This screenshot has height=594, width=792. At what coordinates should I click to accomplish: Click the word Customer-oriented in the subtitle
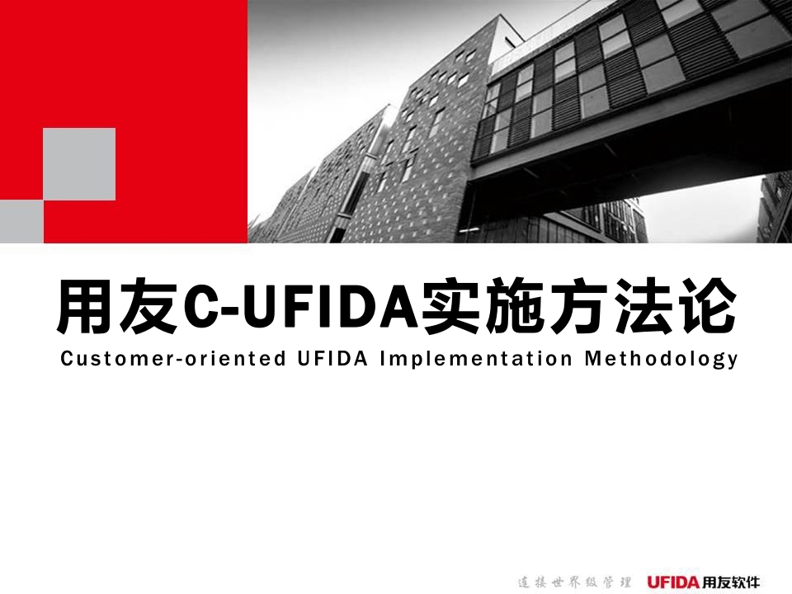point(173,359)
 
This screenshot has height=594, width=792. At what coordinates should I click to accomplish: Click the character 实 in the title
point(451,307)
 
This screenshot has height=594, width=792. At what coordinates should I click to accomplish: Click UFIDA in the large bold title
point(328,308)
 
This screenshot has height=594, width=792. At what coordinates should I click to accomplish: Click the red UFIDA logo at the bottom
point(673,582)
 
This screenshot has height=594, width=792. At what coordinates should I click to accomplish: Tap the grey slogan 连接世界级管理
point(574,582)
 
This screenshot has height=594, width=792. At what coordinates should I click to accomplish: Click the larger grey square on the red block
point(79,164)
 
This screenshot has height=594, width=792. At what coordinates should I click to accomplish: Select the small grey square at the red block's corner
point(21,222)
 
